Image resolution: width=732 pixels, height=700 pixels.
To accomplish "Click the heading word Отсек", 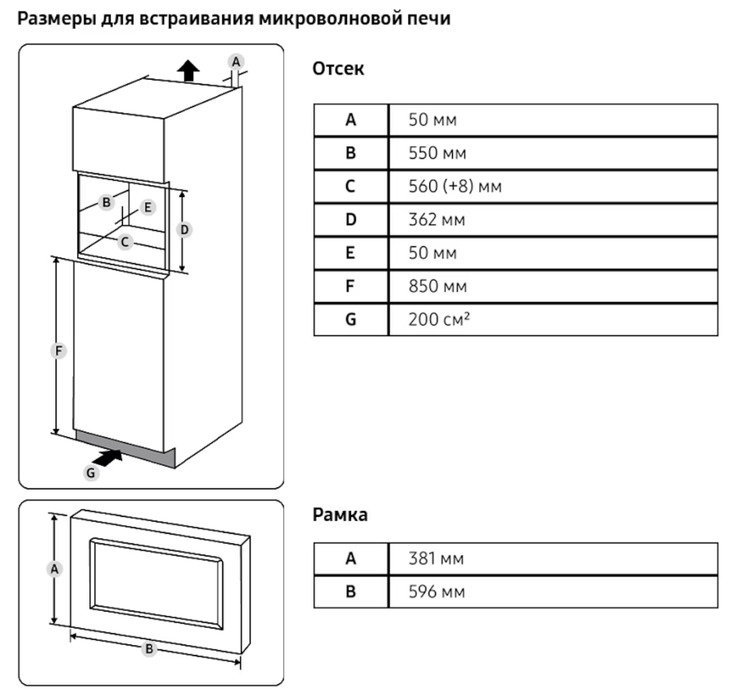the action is pos(338,69).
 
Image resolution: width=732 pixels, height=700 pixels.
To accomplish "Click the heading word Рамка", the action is pos(340,515).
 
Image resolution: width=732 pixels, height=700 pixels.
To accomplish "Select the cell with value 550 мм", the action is pos(553,153).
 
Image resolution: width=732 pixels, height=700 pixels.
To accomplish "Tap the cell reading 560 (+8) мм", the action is pos(553,186).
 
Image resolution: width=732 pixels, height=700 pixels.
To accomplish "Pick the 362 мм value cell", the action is pos(553,220).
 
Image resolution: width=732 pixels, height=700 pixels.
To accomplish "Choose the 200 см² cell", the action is pos(553,320).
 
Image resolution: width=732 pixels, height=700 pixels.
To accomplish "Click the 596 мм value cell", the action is pos(553,592).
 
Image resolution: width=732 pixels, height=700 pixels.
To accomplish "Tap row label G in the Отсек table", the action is pos(350,320).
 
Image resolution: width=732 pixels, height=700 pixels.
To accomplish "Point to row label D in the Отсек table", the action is pos(350,220).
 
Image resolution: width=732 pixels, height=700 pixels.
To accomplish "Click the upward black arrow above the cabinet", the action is pos(188,70).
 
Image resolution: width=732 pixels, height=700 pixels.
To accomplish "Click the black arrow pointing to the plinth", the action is pos(107,458).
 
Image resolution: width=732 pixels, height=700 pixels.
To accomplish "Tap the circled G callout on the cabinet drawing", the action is pos(91,473).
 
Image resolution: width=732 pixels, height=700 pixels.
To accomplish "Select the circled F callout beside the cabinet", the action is pos(59,350).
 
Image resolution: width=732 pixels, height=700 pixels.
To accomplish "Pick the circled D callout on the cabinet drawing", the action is pos(185,230).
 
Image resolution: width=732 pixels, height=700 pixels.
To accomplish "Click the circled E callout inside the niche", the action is pos(148,207).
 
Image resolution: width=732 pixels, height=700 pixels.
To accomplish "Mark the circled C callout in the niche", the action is pos(124,242).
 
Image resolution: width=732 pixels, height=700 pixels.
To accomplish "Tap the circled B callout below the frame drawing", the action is pos(149,648).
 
